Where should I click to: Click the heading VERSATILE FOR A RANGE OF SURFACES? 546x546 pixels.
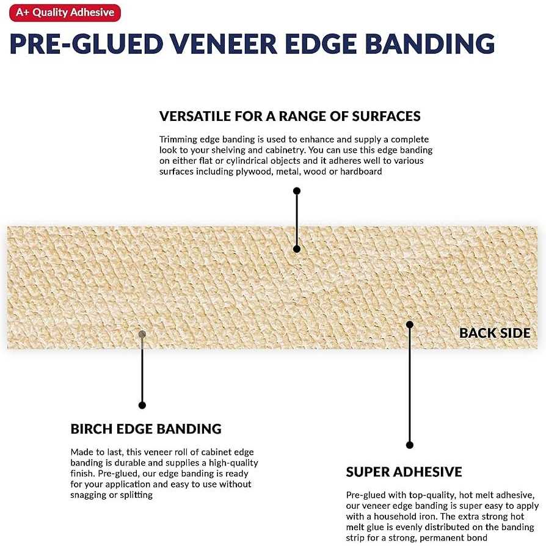tap(289, 116)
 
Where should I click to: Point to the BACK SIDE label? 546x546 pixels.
tap(495, 333)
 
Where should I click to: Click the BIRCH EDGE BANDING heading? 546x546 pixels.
tap(146, 429)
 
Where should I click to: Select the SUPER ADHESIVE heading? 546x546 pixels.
tap(404, 471)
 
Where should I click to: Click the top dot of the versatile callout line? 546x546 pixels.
tap(297, 191)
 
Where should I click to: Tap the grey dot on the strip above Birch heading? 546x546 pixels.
tap(142, 334)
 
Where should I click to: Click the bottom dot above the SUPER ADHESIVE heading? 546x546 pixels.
tap(410, 445)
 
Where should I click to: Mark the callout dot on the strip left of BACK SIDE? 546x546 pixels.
tap(410, 324)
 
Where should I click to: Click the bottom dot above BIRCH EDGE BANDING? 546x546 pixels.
tap(142, 405)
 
